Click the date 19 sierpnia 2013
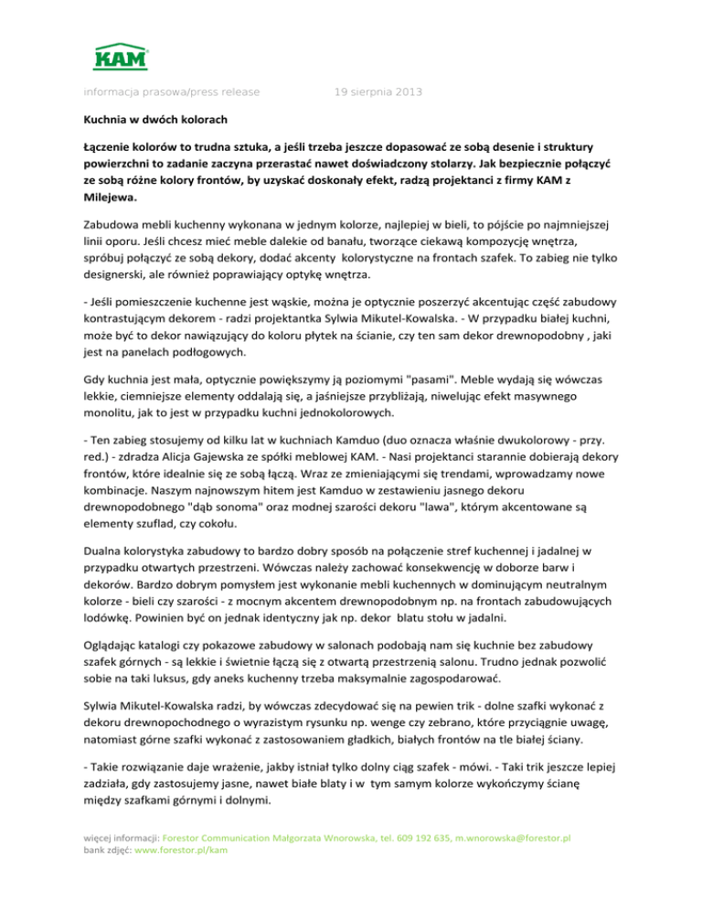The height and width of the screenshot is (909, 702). pyautogui.click(x=378, y=91)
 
